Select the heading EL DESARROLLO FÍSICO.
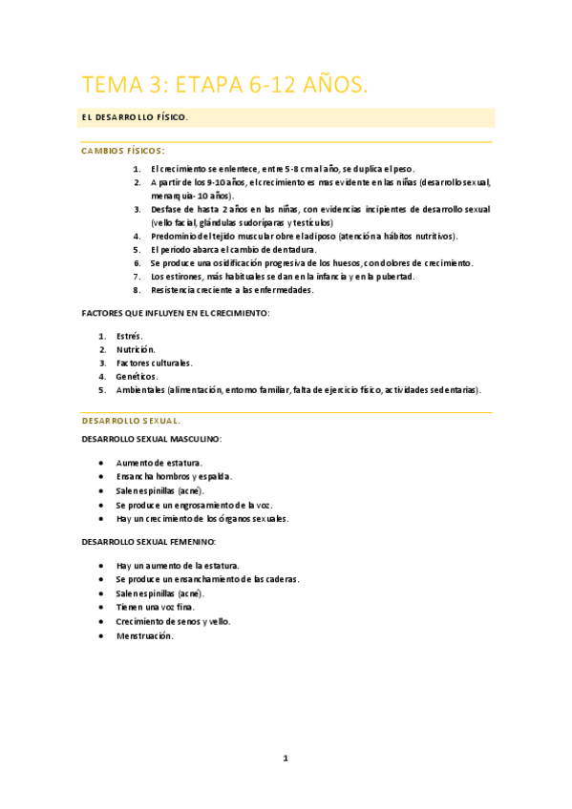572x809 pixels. point(135,117)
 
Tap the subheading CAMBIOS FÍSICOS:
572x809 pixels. point(123,151)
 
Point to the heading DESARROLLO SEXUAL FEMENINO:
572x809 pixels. point(150,541)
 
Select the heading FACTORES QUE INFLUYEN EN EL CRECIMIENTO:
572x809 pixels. point(176,313)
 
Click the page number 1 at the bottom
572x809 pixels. point(285,758)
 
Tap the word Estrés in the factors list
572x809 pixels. point(129,336)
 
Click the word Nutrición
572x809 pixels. point(136,349)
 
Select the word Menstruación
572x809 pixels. point(145,635)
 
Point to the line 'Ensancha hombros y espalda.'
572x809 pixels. point(174,476)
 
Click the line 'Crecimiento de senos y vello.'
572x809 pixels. point(173,621)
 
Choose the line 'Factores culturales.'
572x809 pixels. point(154,363)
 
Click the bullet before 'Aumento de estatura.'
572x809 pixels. point(102,463)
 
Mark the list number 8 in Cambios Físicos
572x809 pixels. point(137,290)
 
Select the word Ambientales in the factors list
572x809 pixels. point(140,389)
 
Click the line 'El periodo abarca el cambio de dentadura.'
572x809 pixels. point(233,249)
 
